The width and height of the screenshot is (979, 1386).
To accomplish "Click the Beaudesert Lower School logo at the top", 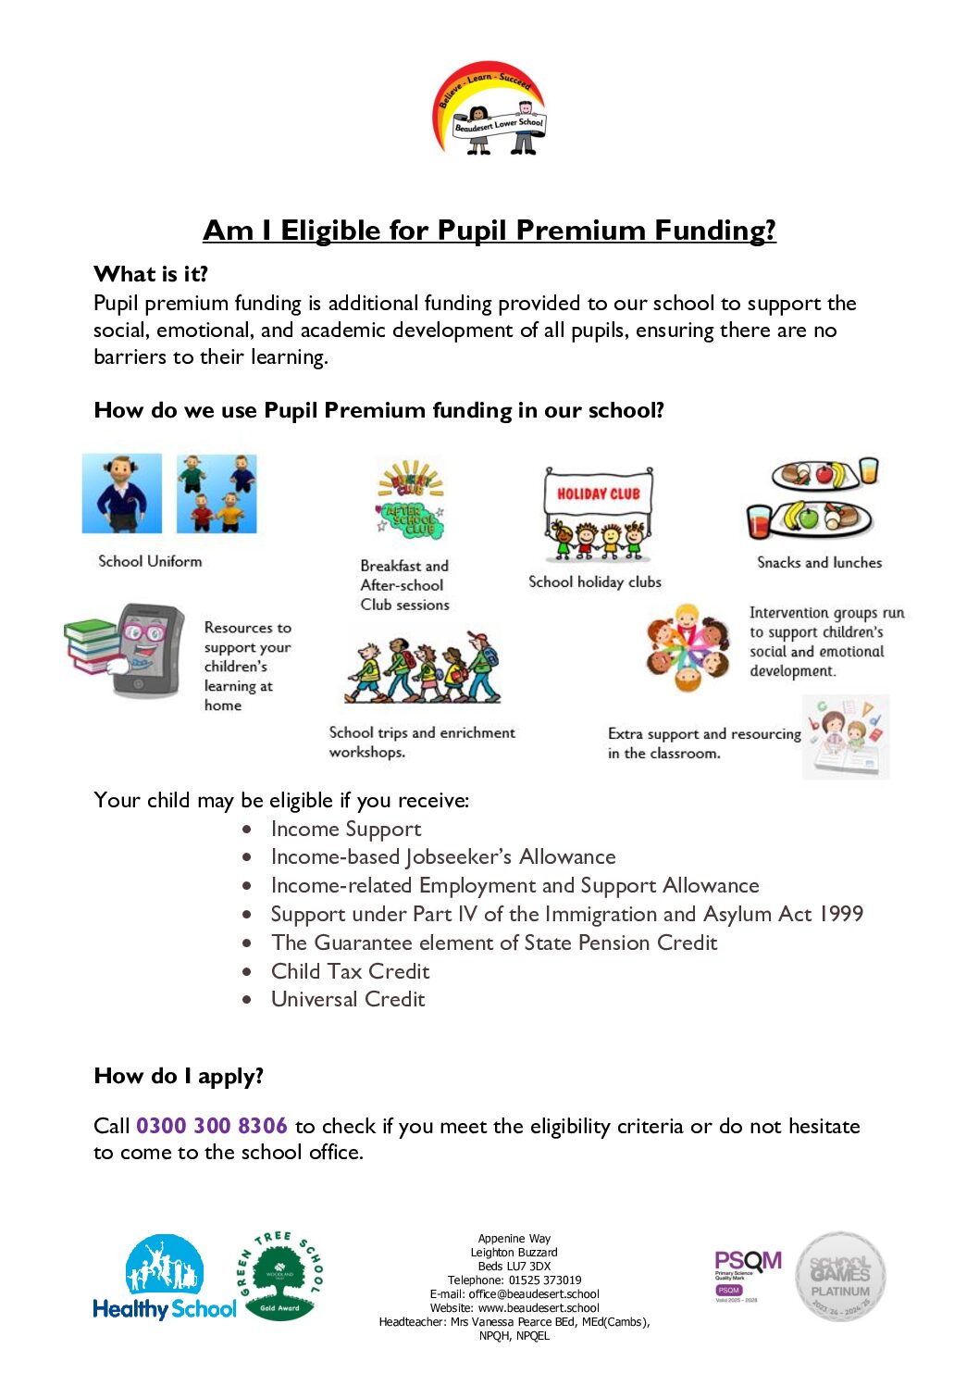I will [x=489, y=109].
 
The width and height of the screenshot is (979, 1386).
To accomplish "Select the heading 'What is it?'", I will [x=151, y=274].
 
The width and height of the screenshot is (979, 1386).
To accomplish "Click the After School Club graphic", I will [x=411, y=501].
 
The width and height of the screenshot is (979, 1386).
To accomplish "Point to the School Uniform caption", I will [x=150, y=561].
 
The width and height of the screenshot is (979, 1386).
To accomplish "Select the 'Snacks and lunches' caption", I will [x=819, y=562].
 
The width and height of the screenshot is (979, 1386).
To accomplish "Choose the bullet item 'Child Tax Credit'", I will [x=350, y=971].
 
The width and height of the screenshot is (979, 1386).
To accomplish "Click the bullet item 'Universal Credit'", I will [x=348, y=1000].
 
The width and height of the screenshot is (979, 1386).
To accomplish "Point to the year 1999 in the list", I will [x=840, y=915].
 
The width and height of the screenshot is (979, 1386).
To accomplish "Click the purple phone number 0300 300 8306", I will [x=212, y=1126].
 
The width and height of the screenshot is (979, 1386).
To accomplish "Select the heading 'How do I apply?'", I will [x=179, y=1076].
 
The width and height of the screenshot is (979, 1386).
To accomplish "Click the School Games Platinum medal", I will [x=840, y=1276].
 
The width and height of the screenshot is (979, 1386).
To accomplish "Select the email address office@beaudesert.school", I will [x=534, y=1294].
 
